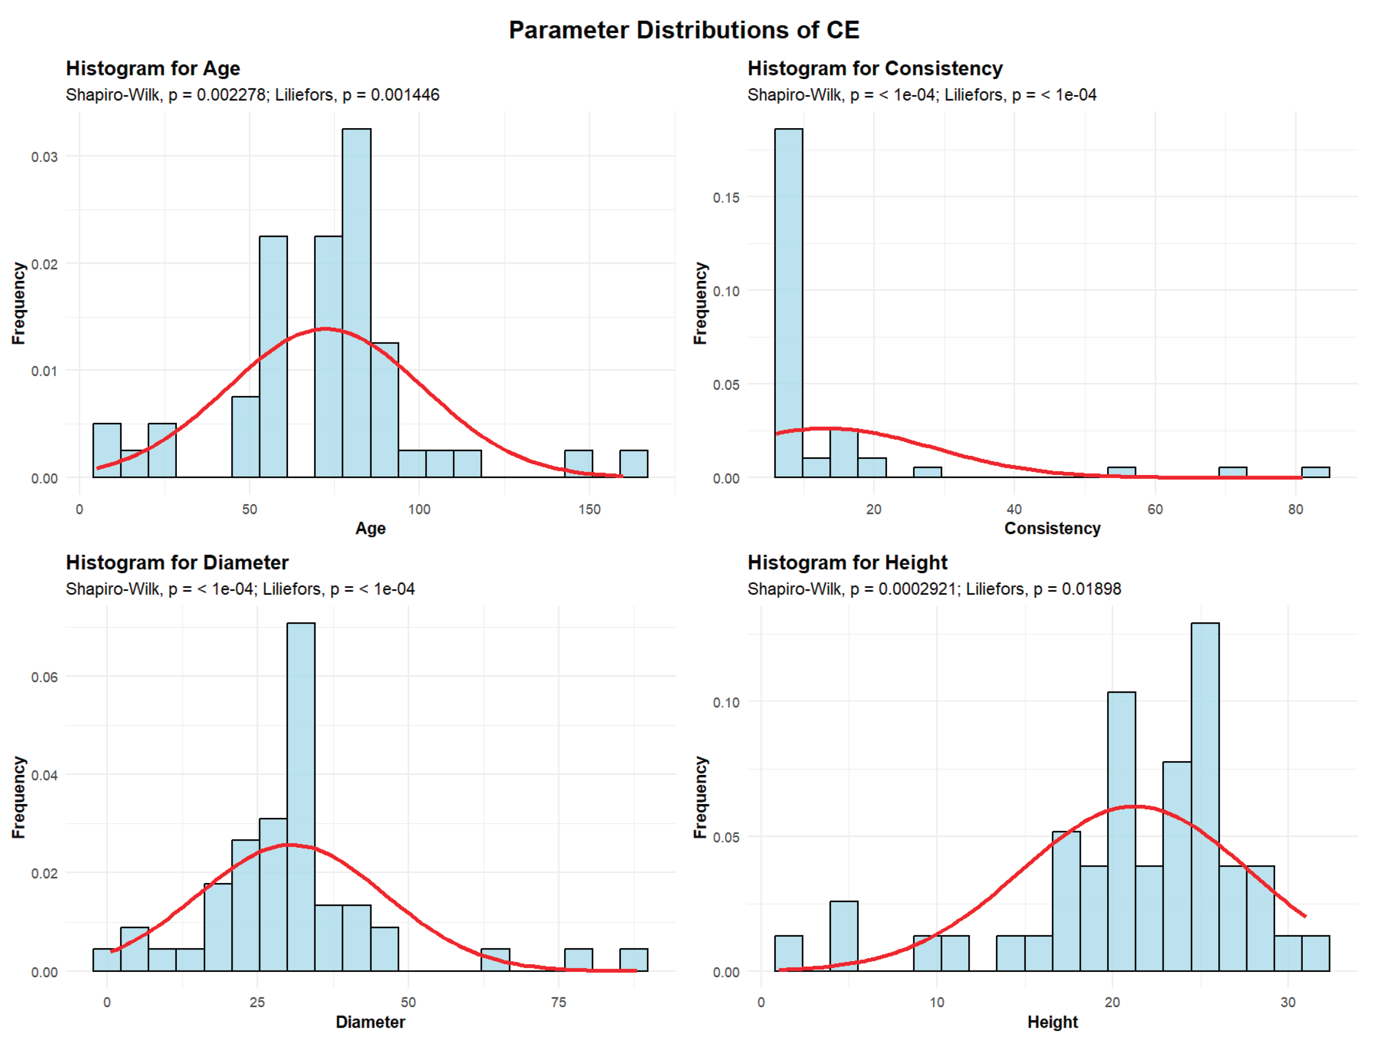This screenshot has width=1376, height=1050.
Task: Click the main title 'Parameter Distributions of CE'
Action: [684, 30]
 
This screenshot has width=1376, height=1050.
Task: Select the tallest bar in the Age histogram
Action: [356, 303]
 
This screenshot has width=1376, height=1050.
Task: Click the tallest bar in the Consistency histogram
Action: [788, 303]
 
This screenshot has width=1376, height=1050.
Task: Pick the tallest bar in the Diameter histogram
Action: [301, 797]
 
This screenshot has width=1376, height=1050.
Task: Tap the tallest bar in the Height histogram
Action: [1205, 797]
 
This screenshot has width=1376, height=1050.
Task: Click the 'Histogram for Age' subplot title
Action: [153, 68]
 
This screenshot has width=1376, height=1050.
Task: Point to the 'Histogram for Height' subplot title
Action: [847, 562]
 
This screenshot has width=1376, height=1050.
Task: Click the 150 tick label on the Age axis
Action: [589, 509]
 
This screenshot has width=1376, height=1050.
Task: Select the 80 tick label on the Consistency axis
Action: [1295, 509]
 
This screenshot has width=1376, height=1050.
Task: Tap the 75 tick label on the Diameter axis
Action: [558, 1003]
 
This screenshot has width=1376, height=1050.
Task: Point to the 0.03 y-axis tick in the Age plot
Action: [44, 156]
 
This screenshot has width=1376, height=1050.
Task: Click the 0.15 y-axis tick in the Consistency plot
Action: [726, 197]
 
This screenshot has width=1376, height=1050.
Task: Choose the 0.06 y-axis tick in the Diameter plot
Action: [44, 677]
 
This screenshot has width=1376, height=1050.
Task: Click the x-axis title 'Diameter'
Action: [370, 1022]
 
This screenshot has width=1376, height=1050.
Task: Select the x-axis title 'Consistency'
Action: [1052, 528]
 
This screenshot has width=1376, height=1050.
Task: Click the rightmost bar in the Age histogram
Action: [634, 464]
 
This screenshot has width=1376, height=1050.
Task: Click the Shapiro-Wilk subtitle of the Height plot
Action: [934, 589]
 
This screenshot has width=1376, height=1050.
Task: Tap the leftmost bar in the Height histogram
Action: [788, 953]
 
